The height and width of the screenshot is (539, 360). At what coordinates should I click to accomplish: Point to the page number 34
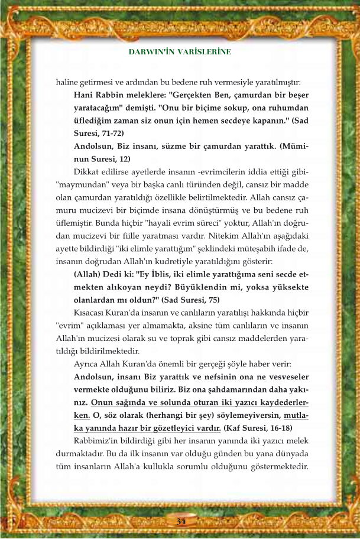click(180, 520)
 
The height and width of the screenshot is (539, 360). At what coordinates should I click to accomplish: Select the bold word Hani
click(83, 95)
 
